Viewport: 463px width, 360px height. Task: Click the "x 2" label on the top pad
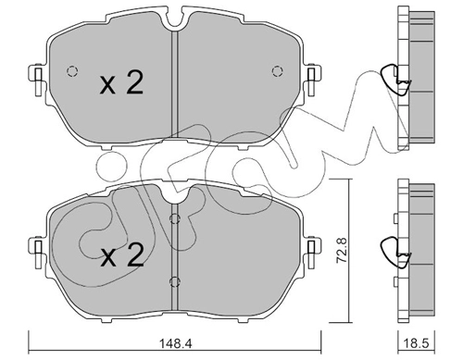pos(121,84)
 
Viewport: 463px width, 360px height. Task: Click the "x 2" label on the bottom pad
pos(121,256)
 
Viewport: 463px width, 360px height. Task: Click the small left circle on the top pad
pos(70,72)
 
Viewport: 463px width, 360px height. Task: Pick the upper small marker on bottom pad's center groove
pos(175,219)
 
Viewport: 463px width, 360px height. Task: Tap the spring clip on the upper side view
pos(397,82)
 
